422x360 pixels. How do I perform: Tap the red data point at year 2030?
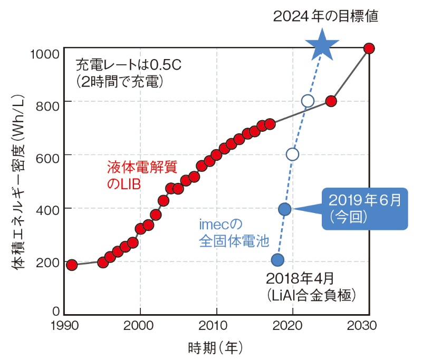click(x=369, y=48)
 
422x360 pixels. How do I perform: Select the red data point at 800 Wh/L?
click(x=331, y=101)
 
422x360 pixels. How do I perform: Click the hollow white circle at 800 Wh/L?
click(x=308, y=101)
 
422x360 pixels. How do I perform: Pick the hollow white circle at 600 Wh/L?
click(x=293, y=154)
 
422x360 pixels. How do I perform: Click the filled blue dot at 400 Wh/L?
click(x=284, y=209)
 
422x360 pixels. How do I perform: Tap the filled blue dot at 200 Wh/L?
click(x=277, y=259)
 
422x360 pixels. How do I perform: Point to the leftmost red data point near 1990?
click(x=72, y=265)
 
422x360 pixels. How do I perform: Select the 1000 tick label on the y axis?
click(x=42, y=53)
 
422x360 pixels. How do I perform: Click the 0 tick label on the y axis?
click(x=54, y=312)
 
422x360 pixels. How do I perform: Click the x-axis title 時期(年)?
click(x=215, y=347)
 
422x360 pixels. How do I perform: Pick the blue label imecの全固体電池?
click(x=234, y=232)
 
